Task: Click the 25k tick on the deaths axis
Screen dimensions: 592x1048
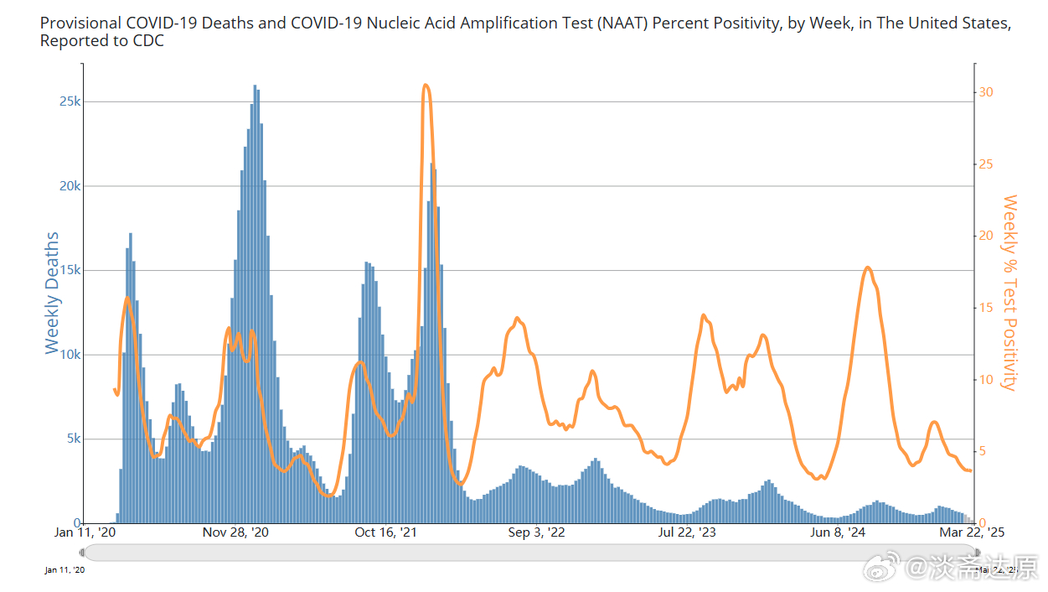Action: click(x=70, y=101)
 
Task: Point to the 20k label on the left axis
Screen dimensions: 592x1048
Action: click(x=70, y=186)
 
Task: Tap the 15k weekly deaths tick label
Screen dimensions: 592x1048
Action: click(x=70, y=270)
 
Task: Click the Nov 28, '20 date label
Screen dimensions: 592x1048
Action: click(x=235, y=532)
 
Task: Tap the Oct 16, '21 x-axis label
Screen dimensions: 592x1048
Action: click(x=386, y=532)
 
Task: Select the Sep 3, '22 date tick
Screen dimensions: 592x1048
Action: click(x=537, y=532)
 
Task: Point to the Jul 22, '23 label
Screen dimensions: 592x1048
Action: click(x=687, y=532)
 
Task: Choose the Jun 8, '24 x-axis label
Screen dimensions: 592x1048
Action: click(x=838, y=532)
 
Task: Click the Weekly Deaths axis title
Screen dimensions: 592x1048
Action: click(x=52, y=293)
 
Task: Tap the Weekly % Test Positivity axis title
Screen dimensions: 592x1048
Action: click(x=1009, y=293)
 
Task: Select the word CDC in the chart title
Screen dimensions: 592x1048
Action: click(x=147, y=40)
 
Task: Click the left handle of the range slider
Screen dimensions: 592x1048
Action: click(x=82, y=552)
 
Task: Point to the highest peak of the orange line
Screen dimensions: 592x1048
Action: click(x=426, y=85)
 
